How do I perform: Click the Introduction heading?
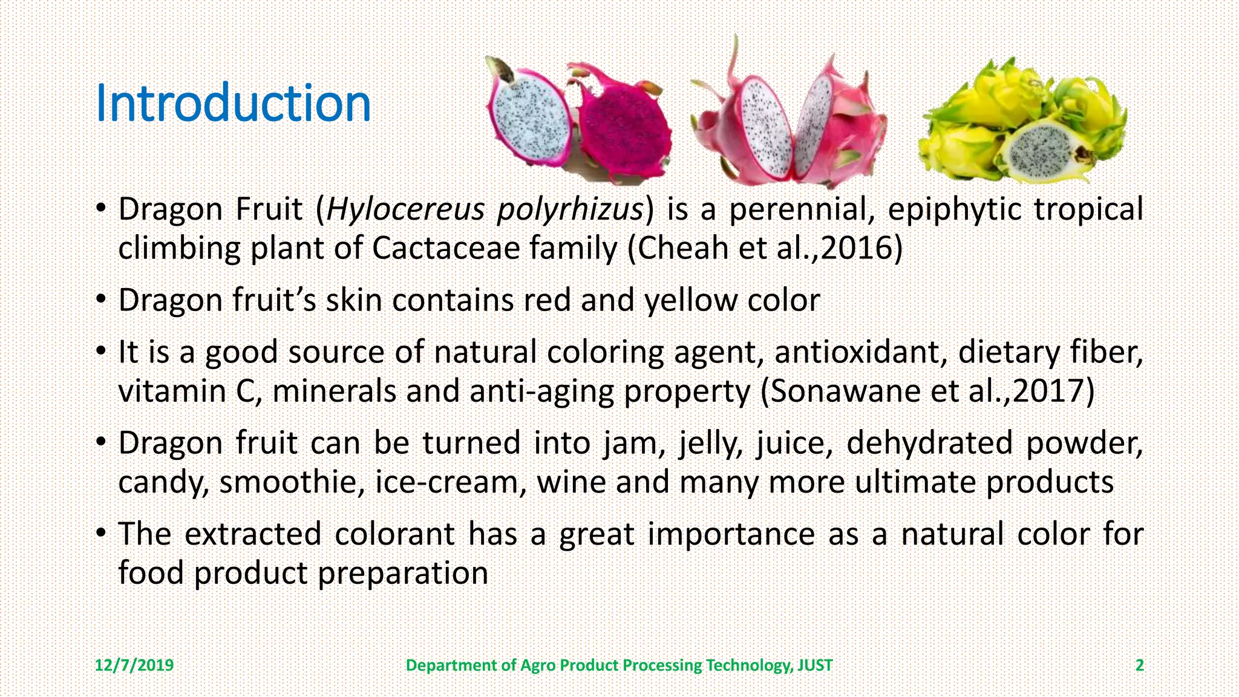pyautogui.click(x=233, y=104)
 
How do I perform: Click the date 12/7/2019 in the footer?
pyautogui.click(x=134, y=666)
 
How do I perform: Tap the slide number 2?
pyautogui.click(x=1139, y=666)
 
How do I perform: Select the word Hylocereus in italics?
pyautogui.click(x=405, y=209)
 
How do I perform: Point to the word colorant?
pyautogui.click(x=394, y=534)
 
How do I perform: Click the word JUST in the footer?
pyautogui.click(x=815, y=666)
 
